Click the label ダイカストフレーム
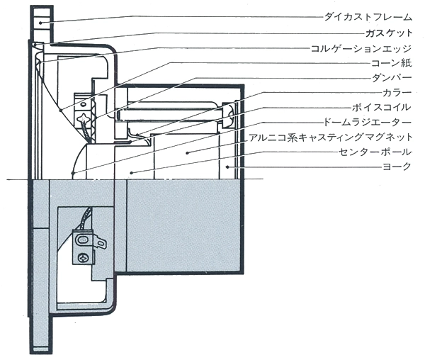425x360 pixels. click(x=366, y=15)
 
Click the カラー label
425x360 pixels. click(x=399, y=92)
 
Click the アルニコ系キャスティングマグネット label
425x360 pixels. click(x=332, y=137)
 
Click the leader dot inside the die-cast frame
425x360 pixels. click(x=40, y=23)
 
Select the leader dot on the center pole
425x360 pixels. click(x=132, y=171)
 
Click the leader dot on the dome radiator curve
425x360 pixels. click(x=74, y=173)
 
